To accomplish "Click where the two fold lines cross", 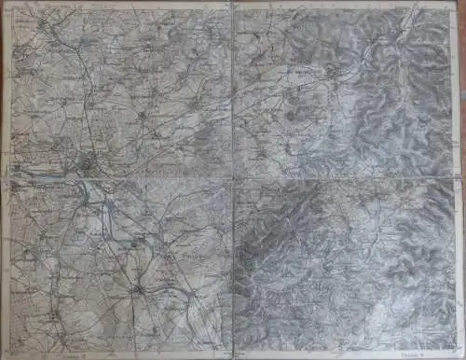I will [x=231, y=177].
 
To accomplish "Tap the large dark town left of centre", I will [x=88, y=166].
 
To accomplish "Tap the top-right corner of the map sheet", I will [x=461, y=4].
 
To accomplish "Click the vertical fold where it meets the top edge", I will [x=231, y=4].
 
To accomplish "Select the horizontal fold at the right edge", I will [x=461, y=177].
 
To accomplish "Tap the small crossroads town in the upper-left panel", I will [x=140, y=114].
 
